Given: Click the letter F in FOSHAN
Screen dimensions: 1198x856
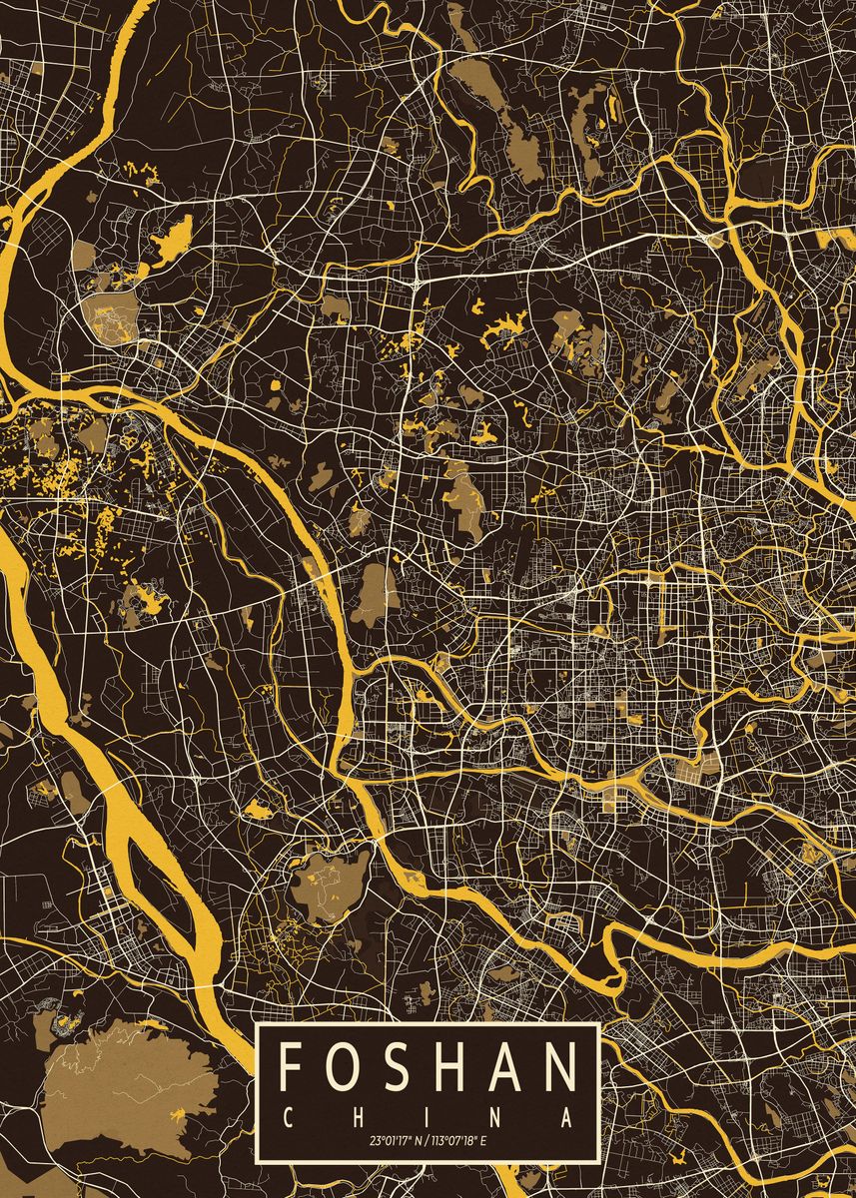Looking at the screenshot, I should [x=292, y=1066].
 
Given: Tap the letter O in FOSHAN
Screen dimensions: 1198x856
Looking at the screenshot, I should [x=342, y=1066].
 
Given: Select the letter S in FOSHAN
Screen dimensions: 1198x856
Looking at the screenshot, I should [x=396, y=1066].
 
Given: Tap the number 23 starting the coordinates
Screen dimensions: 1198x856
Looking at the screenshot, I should [x=374, y=1139].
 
